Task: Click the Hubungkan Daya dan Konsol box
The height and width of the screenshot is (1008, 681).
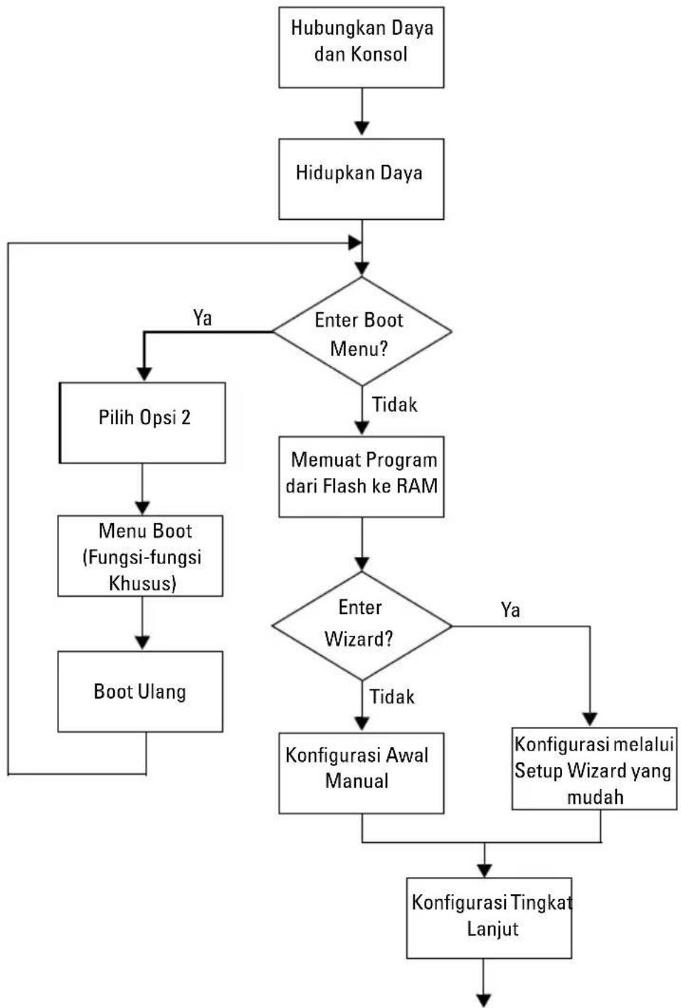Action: click(x=361, y=47)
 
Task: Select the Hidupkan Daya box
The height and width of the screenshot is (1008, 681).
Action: click(x=361, y=179)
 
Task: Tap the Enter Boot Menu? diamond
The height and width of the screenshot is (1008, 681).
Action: click(x=362, y=331)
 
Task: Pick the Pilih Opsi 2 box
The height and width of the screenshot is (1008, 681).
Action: click(x=142, y=423)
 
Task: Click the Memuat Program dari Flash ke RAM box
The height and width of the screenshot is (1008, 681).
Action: click(x=361, y=477)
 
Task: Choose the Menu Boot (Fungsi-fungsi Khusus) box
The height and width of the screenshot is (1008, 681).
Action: click(x=140, y=556)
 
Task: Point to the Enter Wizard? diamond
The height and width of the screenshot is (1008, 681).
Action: click(x=362, y=626)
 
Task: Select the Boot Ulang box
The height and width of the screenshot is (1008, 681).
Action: click(x=140, y=691)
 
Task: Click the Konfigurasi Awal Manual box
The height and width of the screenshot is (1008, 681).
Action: click(x=361, y=773)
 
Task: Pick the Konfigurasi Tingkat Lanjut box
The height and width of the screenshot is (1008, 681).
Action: click(x=490, y=918)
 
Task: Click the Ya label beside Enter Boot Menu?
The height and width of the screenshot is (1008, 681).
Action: click(x=203, y=318)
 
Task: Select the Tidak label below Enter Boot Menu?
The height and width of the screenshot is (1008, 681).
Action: click(x=394, y=405)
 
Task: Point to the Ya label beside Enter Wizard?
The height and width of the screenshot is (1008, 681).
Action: click(x=510, y=610)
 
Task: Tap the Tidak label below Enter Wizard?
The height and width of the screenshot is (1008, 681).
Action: click(x=392, y=696)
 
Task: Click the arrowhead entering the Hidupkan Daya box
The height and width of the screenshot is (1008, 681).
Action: click(x=362, y=128)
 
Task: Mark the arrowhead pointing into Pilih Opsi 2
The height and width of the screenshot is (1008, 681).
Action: click(x=144, y=374)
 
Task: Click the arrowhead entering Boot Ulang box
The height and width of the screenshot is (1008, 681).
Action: click(x=142, y=643)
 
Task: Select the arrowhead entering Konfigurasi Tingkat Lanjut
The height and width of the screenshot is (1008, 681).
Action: click(x=485, y=870)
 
